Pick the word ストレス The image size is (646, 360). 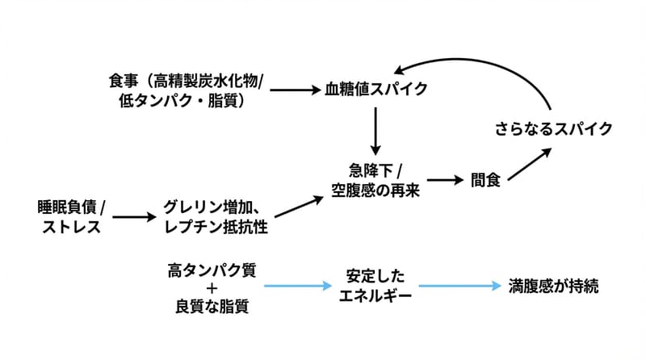click(70, 227)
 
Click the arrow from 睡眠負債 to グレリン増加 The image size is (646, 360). click(133, 217)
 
